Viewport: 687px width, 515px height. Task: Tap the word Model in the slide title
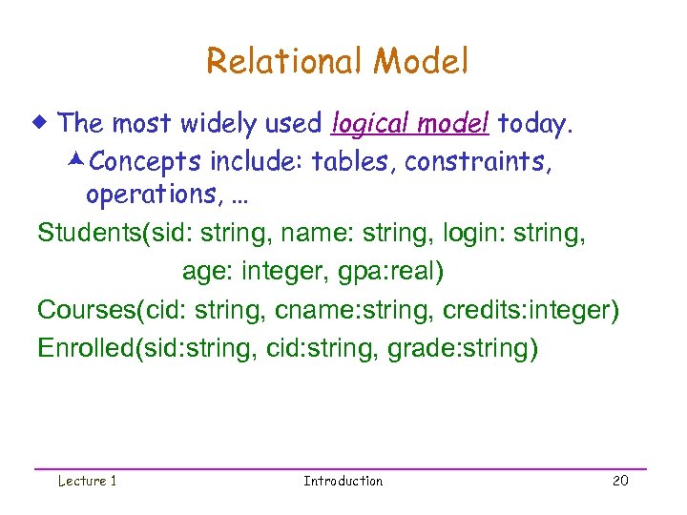coord(422,62)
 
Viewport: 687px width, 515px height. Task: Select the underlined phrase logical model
coord(410,124)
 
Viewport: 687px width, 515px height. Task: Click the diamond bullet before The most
coord(44,123)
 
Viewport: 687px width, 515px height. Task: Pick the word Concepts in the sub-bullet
coord(156,162)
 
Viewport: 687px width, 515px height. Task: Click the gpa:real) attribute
coord(389,273)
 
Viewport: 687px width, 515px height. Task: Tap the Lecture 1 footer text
coord(87,481)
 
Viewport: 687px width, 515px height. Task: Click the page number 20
coord(620,481)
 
